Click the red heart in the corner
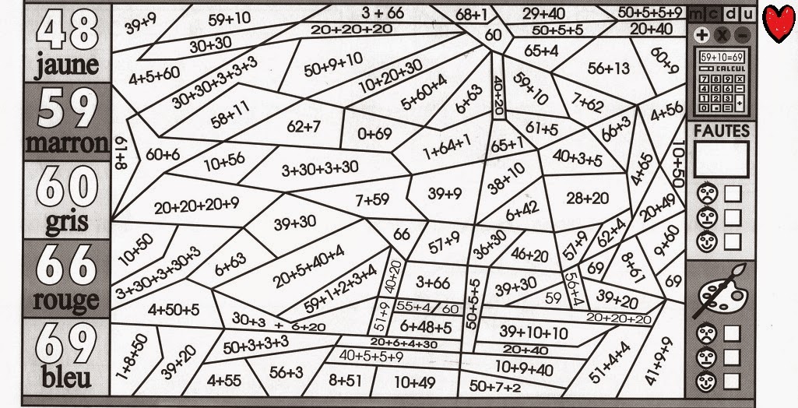tap(778, 24)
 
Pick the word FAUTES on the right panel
tap(721, 132)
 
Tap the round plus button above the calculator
tap(701, 35)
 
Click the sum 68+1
tap(472, 13)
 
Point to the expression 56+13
tap(609, 69)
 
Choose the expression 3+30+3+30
tap(320, 167)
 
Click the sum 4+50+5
tap(173, 309)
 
